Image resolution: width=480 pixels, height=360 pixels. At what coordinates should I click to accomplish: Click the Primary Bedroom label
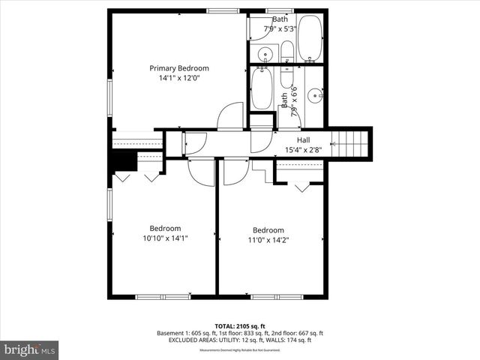(x=178, y=68)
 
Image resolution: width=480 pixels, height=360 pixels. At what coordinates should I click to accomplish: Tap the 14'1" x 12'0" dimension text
(x=178, y=78)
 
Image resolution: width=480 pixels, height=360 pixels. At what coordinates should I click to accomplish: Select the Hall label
(x=303, y=139)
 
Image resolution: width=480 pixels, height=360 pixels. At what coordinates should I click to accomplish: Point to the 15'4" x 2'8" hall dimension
(x=303, y=149)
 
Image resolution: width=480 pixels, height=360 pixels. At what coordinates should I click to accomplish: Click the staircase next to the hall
(x=351, y=142)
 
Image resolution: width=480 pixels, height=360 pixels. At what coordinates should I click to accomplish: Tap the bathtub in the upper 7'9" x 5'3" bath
(x=310, y=38)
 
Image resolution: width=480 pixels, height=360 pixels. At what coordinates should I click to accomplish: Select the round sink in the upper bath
(x=265, y=53)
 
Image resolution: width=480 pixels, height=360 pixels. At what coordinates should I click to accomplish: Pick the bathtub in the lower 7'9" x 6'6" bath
(x=262, y=89)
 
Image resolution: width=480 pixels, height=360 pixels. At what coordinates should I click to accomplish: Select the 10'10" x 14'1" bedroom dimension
(x=164, y=238)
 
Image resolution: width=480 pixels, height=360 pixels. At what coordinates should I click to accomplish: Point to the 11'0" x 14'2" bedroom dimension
(x=268, y=240)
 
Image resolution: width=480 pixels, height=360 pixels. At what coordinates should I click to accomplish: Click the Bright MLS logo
(x=29, y=349)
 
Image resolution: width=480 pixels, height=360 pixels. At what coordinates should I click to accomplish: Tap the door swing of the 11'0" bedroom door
(x=235, y=171)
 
